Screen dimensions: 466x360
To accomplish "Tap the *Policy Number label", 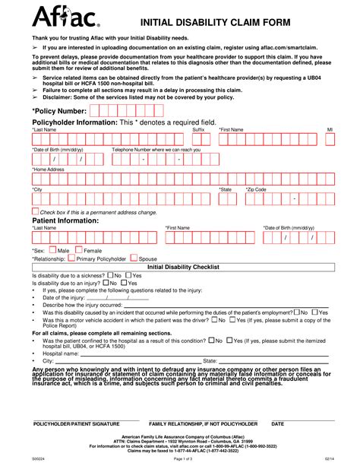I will (x=59, y=111).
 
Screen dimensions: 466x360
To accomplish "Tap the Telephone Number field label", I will (x=156, y=150).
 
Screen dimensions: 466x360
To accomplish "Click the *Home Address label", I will (x=49, y=170).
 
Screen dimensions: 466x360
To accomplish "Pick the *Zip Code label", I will (x=256, y=189).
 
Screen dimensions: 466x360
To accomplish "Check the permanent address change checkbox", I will (x=35, y=211).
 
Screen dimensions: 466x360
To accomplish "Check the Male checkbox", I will (x=52, y=249).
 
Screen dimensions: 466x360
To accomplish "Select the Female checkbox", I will (x=78, y=249).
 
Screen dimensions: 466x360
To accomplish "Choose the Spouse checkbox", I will (x=134, y=258).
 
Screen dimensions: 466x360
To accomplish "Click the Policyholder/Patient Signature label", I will (x=75, y=423).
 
